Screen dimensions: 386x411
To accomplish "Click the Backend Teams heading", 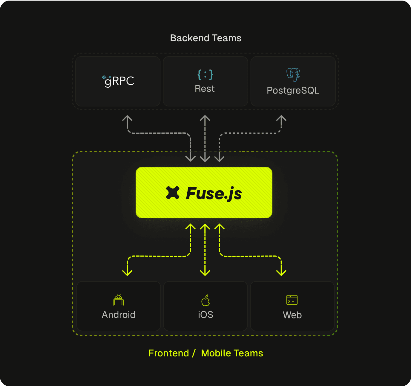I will coord(205,38).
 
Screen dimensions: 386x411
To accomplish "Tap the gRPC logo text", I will coord(119,81).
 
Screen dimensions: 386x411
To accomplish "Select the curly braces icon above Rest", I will coord(205,74).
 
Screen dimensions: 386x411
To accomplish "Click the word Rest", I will coord(205,89).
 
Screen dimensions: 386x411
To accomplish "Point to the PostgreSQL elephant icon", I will coord(293,74).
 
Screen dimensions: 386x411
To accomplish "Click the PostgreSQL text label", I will coord(293,90).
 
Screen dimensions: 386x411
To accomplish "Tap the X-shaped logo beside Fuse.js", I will coord(173,193).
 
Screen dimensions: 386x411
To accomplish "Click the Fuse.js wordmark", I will coord(214,193).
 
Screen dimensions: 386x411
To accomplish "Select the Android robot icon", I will coord(119,300).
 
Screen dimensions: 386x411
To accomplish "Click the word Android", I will coord(119,315).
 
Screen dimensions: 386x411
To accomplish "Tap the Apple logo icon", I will coord(205,300).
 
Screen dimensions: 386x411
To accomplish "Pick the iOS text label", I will coord(205,315).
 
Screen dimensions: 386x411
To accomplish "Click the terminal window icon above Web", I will coord(292,300).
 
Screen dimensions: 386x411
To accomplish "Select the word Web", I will coord(292,315).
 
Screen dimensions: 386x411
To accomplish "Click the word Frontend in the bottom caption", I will coord(169,353).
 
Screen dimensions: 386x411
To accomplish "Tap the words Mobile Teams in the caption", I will coord(232,353).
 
